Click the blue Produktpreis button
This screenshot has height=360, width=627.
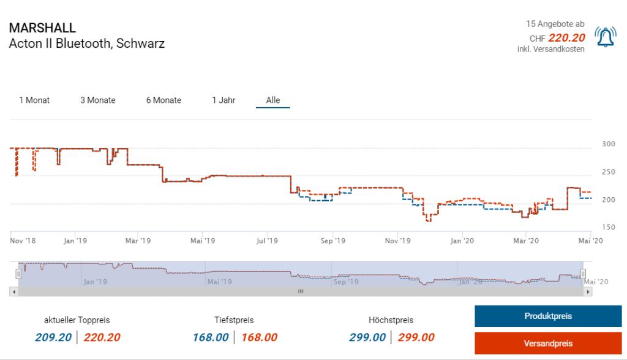(x=548, y=316)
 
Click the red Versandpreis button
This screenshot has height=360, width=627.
(x=548, y=343)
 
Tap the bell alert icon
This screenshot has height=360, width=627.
(x=606, y=38)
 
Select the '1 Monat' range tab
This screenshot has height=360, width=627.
(x=34, y=100)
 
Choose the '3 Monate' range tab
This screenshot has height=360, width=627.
(x=98, y=100)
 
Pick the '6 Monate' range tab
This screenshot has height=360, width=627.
(x=163, y=100)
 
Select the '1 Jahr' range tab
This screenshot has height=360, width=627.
(x=223, y=100)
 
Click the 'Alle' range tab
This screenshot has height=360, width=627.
(x=273, y=100)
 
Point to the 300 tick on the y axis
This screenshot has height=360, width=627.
(x=609, y=144)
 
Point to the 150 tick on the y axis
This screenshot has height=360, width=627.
(x=609, y=228)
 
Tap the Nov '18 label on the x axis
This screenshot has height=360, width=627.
(x=23, y=241)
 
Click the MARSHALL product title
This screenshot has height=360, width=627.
(x=42, y=28)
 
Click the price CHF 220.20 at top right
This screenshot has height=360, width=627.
(x=566, y=38)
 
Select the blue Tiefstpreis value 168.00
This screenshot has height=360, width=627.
(x=211, y=337)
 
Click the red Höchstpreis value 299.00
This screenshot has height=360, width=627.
(x=416, y=337)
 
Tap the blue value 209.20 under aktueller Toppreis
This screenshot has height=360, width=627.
(x=53, y=337)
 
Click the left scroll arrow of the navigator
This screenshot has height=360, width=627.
(x=13, y=292)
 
